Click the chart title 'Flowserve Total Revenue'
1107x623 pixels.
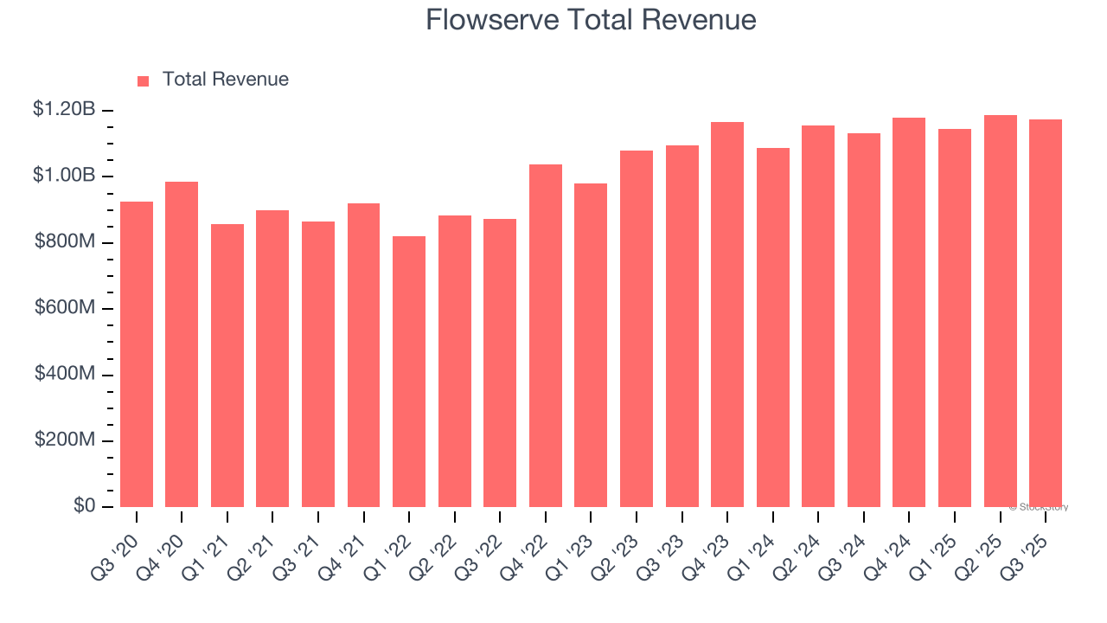(591, 20)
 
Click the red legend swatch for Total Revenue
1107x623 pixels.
(144, 80)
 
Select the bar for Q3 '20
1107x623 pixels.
(137, 355)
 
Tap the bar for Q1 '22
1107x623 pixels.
(409, 372)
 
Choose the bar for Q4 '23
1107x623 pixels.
(727, 315)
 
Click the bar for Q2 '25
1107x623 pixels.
(1000, 311)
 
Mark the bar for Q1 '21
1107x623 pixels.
(227, 366)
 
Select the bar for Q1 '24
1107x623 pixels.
(772, 328)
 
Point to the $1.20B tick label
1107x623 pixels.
(64, 110)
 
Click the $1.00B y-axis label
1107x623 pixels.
(64, 176)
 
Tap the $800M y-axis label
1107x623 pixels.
(65, 242)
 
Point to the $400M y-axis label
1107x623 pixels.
(65, 375)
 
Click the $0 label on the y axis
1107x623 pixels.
(84, 506)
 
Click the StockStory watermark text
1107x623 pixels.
(1039, 508)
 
